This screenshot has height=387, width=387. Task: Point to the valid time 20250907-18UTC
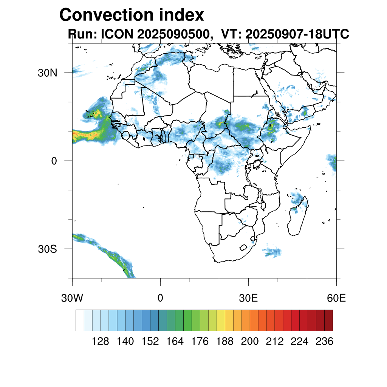pos(297,34)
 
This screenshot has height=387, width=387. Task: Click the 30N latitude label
pos(47,73)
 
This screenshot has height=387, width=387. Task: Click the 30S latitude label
pos(47,249)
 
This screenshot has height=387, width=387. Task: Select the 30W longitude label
pos(72,298)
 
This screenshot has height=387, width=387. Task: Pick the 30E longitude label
pos(248,298)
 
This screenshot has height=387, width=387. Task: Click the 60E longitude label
pos(336,298)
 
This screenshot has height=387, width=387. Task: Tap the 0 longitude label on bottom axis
pos(160,298)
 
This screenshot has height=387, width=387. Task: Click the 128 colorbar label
pos(101,342)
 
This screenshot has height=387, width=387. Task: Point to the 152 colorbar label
pos(150,342)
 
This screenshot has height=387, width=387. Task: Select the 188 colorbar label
pos(225,342)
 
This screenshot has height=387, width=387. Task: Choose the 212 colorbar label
pos(274,342)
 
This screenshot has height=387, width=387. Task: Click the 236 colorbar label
pos(324,342)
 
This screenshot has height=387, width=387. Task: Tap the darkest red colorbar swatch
pos(328,320)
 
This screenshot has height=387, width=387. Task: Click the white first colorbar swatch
pos(80,320)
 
